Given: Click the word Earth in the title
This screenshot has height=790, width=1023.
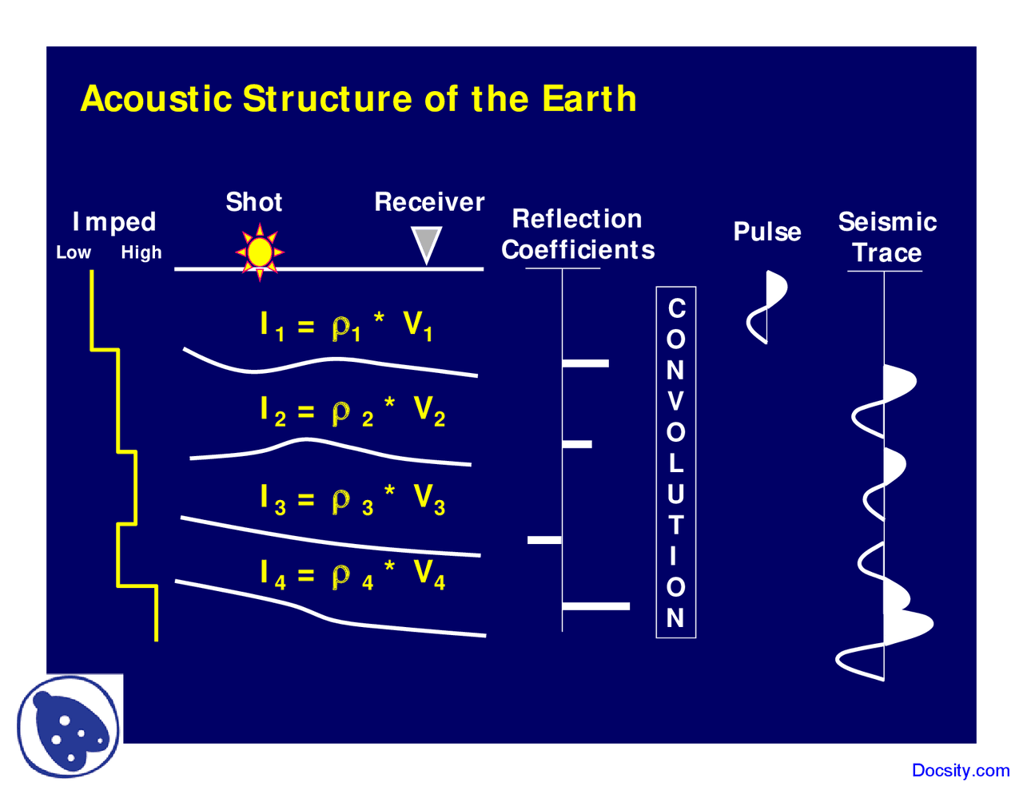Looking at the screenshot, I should pyautogui.click(x=589, y=99).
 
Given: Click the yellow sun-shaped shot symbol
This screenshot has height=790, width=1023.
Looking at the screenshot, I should pyautogui.click(x=260, y=252).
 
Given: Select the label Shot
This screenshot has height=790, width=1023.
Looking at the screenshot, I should pyautogui.click(x=253, y=202).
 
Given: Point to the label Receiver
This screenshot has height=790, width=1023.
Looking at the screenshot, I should pyautogui.click(x=429, y=202).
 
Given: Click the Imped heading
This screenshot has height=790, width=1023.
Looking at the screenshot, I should pyautogui.click(x=114, y=222).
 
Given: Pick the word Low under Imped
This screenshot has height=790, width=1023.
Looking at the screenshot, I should pyautogui.click(x=74, y=252).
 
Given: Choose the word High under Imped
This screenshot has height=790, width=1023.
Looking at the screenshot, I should pyautogui.click(x=141, y=252).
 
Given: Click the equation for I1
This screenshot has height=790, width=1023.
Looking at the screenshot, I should pyautogui.click(x=347, y=326).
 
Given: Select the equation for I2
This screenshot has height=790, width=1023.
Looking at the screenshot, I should pyautogui.click(x=352, y=411).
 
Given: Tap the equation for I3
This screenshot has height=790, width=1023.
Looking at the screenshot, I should pyautogui.click(x=352, y=499).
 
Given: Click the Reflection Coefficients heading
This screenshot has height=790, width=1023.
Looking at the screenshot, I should pyautogui.click(x=578, y=234).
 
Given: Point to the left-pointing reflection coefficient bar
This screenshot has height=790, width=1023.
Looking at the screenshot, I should pyautogui.click(x=544, y=541).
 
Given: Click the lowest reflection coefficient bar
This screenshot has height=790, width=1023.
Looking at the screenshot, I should pyautogui.click(x=596, y=606).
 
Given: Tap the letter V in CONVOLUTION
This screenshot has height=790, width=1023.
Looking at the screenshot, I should pyautogui.click(x=676, y=401).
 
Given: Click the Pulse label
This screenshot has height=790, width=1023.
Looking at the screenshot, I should pyautogui.click(x=767, y=232).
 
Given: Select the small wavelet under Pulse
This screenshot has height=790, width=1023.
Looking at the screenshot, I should pyautogui.click(x=767, y=308).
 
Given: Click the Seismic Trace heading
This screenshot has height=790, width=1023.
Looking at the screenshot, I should pyautogui.click(x=887, y=237).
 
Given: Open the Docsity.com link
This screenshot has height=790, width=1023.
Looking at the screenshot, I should pyautogui.click(x=961, y=770).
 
